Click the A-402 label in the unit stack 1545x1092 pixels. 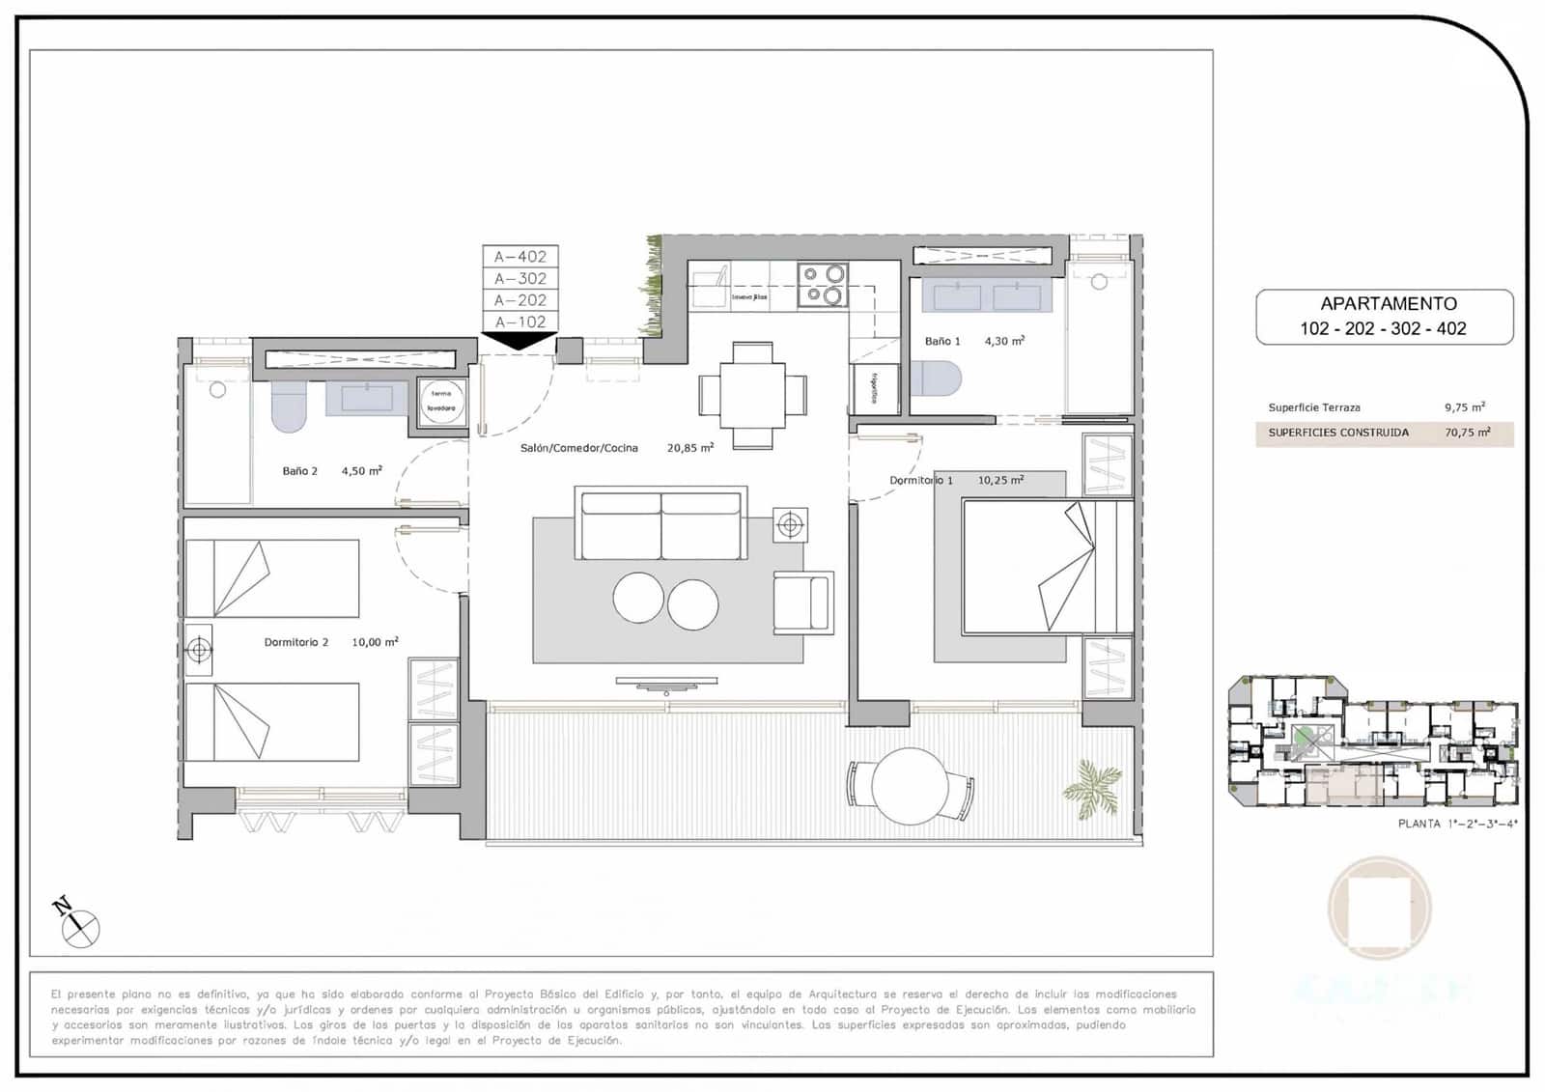(520, 257)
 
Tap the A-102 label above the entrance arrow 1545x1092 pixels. (520, 322)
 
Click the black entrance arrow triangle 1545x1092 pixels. (520, 340)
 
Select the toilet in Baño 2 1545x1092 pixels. (289, 407)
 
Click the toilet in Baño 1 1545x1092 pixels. (937, 378)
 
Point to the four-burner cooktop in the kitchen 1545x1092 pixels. (823, 286)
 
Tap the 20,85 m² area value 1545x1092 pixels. (689, 448)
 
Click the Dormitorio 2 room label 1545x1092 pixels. (296, 642)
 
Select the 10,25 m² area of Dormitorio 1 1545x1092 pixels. (1000, 480)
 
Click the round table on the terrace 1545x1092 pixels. (910, 786)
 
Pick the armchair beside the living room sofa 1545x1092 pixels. (803, 603)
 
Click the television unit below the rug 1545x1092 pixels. (666, 684)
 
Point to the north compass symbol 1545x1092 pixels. (77, 925)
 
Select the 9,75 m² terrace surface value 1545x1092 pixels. (1464, 407)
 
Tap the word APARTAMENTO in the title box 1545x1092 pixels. (1389, 304)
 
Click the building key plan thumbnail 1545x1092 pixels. (1372, 742)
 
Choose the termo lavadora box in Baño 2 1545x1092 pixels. (441, 401)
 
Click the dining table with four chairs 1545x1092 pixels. (752, 395)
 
